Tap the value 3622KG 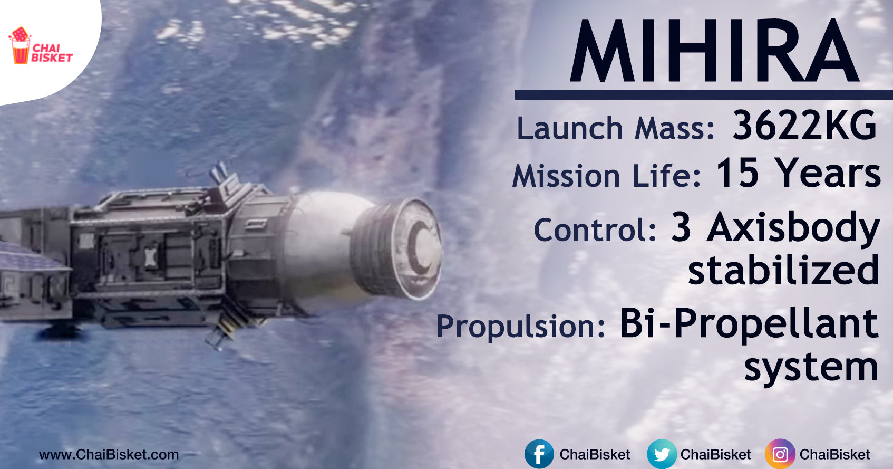click(804, 126)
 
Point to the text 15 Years click(798, 173)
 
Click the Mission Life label click(606, 175)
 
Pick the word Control click(595, 229)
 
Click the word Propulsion click(521, 326)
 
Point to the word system click(811, 368)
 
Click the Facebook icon click(539, 454)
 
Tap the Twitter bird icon click(662, 454)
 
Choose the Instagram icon click(780, 454)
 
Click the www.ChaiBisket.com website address click(109, 455)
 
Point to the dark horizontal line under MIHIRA click(704, 94)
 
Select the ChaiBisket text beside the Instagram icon click(835, 454)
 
